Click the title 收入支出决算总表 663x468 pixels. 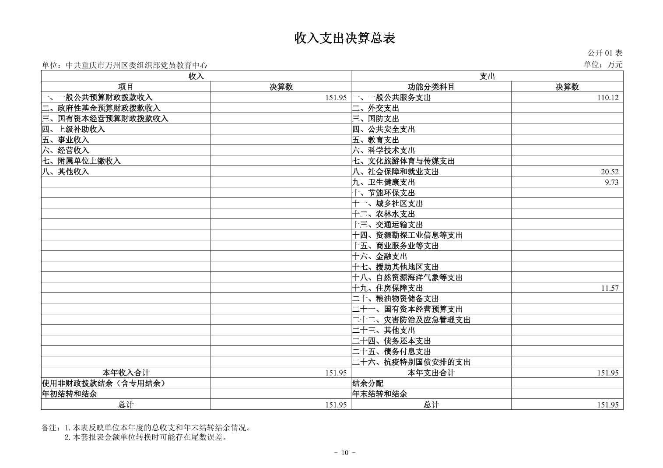(x=344, y=39)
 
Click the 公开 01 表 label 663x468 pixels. (x=604, y=53)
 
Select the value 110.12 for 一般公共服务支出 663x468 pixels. (x=608, y=98)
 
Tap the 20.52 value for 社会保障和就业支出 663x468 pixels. (x=610, y=172)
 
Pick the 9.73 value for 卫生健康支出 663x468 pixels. (x=611, y=182)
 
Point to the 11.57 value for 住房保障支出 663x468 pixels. (x=610, y=288)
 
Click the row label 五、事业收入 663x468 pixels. (x=66, y=140)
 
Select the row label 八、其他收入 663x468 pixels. (x=66, y=172)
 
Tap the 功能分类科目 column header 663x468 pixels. (x=431, y=87)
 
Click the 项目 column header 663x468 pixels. (x=126, y=87)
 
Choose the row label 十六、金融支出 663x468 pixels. (x=380, y=256)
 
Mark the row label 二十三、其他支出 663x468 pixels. (x=384, y=330)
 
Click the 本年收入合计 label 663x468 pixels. (x=126, y=373)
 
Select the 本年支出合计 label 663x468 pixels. (x=431, y=373)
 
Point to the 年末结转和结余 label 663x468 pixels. (x=380, y=394)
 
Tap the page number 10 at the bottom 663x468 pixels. (x=344, y=453)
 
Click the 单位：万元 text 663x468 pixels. (x=603, y=65)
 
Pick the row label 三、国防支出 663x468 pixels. (x=376, y=119)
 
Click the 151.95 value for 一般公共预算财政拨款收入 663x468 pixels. (x=336, y=98)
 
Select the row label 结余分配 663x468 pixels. (x=368, y=384)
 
